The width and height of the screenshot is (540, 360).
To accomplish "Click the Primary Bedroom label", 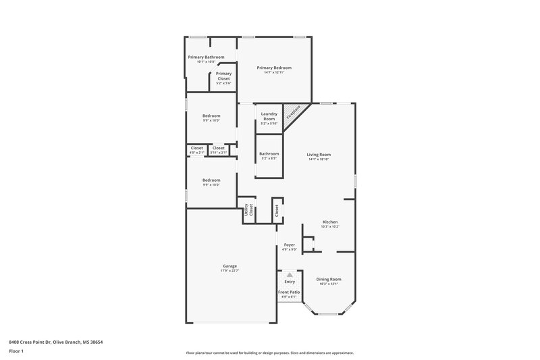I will tap(273, 68).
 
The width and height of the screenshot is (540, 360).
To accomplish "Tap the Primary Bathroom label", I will tap(206, 57).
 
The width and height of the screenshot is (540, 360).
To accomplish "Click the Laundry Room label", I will tap(269, 116).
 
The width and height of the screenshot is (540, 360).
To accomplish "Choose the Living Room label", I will tap(319, 154).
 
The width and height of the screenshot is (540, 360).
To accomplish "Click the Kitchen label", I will tap(329, 222).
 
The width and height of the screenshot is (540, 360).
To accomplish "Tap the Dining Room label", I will tap(329, 279).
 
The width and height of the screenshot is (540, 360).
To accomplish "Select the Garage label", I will tap(230, 266).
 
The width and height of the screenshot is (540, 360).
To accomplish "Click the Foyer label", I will tap(289, 245).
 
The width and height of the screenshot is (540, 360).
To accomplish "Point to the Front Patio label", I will tap(289, 292).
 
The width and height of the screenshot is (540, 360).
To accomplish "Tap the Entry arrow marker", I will tap(290, 275).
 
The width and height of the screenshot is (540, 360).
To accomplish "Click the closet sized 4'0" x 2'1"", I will tap(196, 150).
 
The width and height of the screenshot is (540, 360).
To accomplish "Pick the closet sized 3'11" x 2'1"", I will tap(219, 150).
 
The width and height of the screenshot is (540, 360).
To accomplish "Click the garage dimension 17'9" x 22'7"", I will tap(230, 270).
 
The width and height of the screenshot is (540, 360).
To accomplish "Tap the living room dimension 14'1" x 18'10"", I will tap(319, 159).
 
